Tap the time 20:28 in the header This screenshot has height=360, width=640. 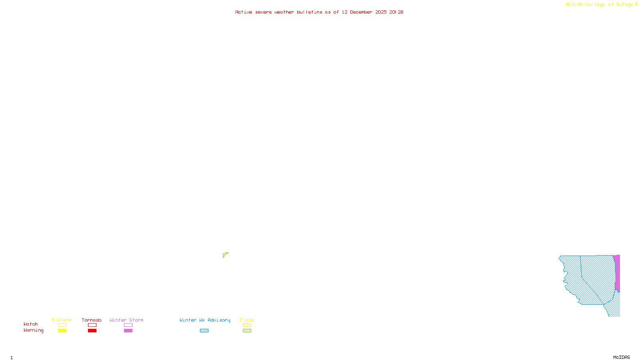(x=396, y=12)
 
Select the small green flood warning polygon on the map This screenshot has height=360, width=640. (x=225, y=255)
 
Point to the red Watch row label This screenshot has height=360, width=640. (x=31, y=324)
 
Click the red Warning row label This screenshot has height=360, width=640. (x=33, y=330)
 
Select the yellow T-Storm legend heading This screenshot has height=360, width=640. (x=62, y=320)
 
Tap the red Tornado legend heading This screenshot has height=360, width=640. (x=92, y=320)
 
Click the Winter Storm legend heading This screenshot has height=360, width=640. (x=126, y=320)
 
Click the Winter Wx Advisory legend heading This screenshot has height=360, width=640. (x=205, y=320)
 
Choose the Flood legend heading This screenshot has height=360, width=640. (x=247, y=320)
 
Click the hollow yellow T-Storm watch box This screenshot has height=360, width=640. (x=62, y=325)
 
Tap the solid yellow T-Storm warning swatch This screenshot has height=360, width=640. (x=62, y=331)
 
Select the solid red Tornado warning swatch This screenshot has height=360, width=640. (x=92, y=331)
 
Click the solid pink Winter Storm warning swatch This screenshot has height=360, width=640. (x=128, y=331)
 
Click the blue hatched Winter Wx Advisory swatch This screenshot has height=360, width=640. (x=204, y=331)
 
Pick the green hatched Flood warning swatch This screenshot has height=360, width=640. (x=247, y=331)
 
